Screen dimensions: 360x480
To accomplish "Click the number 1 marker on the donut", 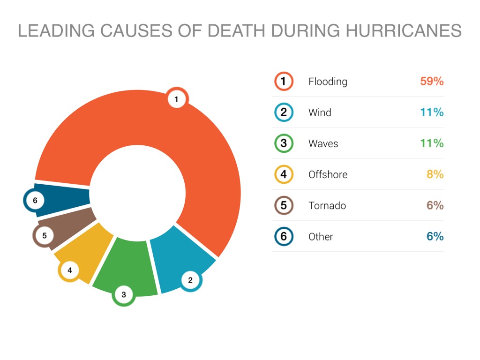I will tap(176, 99).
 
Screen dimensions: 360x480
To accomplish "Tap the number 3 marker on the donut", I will tap(124, 295).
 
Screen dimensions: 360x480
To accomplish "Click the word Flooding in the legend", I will tap(328, 82).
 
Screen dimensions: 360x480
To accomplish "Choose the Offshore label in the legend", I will tap(328, 174).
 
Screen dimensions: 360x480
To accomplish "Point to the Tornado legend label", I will tap(327, 205).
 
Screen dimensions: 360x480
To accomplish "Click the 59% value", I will tap(432, 81).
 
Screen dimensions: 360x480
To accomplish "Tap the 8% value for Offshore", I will tap(435, 174).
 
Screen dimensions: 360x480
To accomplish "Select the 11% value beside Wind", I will tap(432, 112).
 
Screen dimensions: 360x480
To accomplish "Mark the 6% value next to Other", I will tap(435, 236).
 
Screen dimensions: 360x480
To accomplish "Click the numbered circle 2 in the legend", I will tap(284, 112).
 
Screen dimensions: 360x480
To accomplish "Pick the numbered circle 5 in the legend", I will tap(284, 205).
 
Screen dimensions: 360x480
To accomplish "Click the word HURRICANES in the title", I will tap(404, 31).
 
